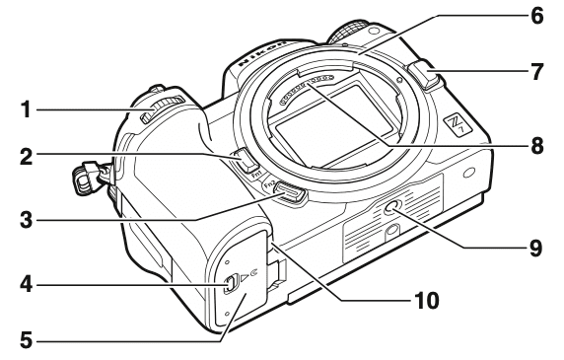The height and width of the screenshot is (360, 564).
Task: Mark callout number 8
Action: point(536,143)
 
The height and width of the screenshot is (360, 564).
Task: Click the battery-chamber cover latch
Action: point(229,287)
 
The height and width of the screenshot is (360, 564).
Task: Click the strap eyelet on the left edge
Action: point(87,176)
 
